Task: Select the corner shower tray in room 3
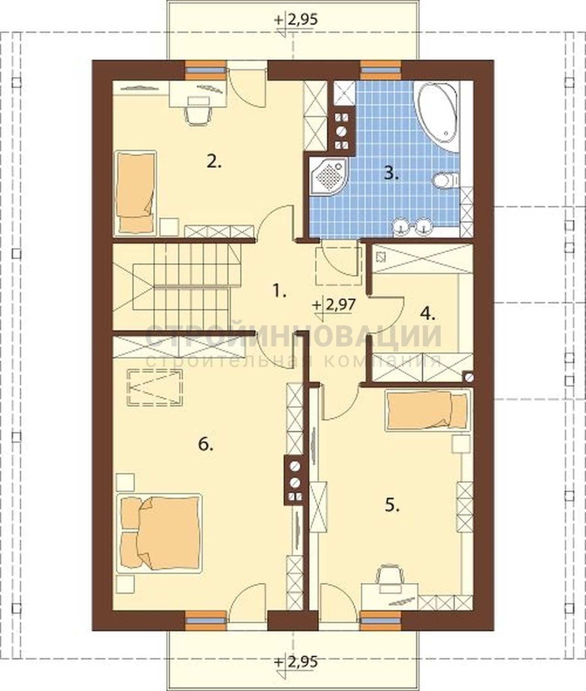(x=329, y=175)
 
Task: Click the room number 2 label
(x=214, y=162)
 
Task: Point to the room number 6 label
(x=206, y=445)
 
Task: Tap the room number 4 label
(x=428, y=313)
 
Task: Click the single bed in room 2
(x=135, y=193)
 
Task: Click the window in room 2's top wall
(x=206, y=70)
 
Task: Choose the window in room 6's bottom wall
(x=206, y=621)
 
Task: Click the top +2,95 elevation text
(x=296, y=20)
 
